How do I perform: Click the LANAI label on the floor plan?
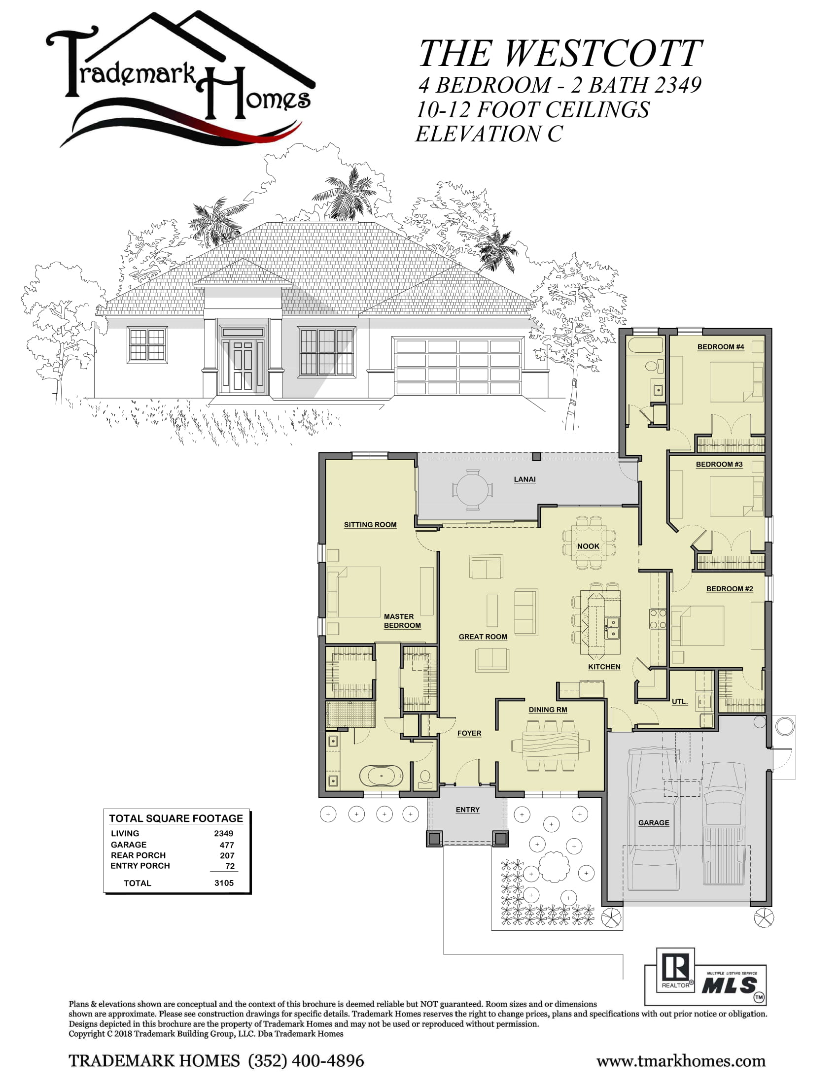coord(525,479)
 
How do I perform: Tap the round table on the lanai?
coord(472,490)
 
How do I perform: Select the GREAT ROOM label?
coord(483,637)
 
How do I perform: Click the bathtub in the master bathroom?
coord(381,776)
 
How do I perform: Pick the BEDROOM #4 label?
coord(720,347)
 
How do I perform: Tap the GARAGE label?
coord(653,823)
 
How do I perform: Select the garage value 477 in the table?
coord(227,845)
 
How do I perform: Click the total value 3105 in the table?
coord(224,883)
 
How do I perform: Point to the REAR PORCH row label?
coord(138,855)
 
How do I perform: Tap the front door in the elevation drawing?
coord(243,365)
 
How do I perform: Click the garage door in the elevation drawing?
coord(458,366)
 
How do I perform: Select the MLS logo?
coord(730,985)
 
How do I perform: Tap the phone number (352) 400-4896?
coord(306,1061)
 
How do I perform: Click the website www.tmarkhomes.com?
coord(681,1061)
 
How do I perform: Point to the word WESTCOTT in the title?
coord(603,53)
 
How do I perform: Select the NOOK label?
coord(588,546)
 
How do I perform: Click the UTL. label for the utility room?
coord(680,702)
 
